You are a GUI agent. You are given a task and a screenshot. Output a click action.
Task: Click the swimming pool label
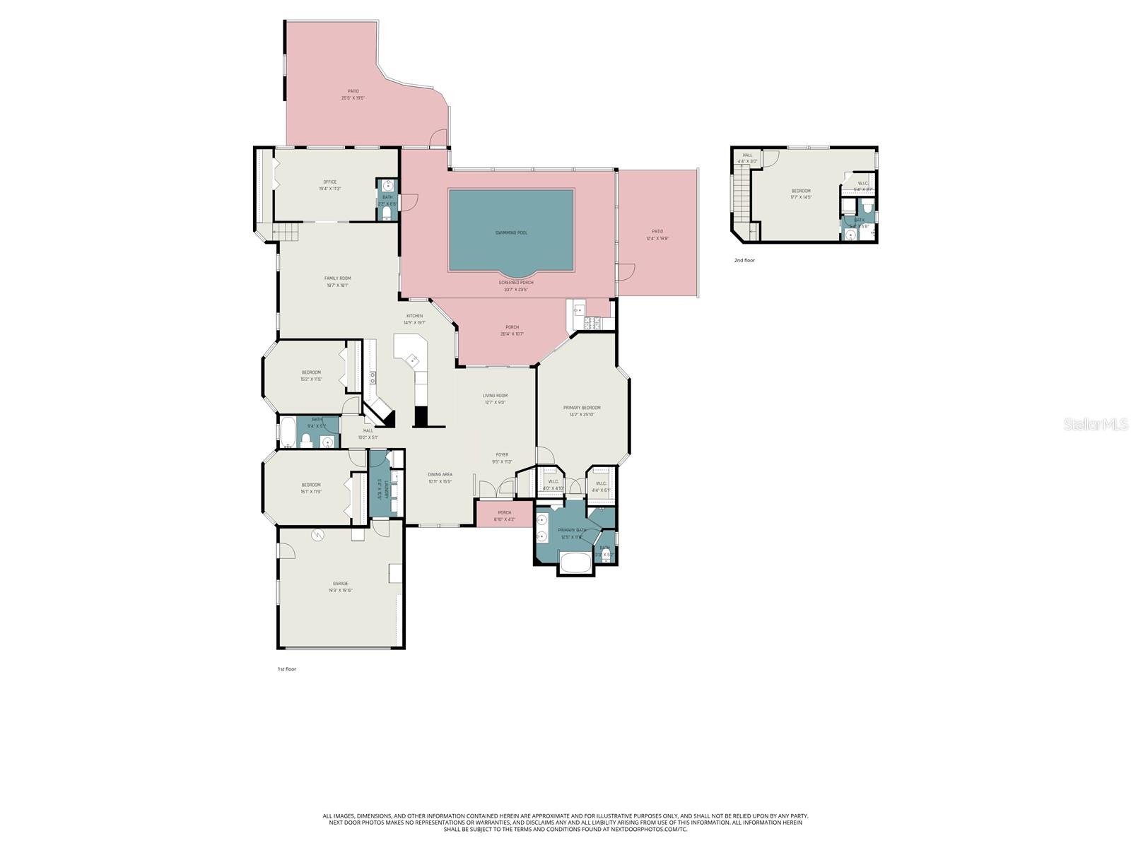point(511,232)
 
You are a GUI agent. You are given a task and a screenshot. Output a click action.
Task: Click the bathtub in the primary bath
point(576,563)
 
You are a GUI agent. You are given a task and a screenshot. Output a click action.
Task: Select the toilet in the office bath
point(387,212)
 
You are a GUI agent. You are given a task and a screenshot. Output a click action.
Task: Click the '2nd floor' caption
point(744,260)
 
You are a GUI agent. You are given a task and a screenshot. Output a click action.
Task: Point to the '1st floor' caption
point(286,669)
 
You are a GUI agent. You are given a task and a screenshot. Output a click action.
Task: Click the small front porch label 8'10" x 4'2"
point(504,516)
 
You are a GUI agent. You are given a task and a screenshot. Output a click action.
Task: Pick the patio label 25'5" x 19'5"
point(353,94)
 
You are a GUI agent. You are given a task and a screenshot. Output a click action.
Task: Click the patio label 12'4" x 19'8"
point(657,235)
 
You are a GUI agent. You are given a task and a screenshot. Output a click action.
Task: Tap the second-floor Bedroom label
point(800,194)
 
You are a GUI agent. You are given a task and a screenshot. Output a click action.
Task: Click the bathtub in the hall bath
point(287,432)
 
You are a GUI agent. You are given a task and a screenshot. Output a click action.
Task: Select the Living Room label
point(495,399)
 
